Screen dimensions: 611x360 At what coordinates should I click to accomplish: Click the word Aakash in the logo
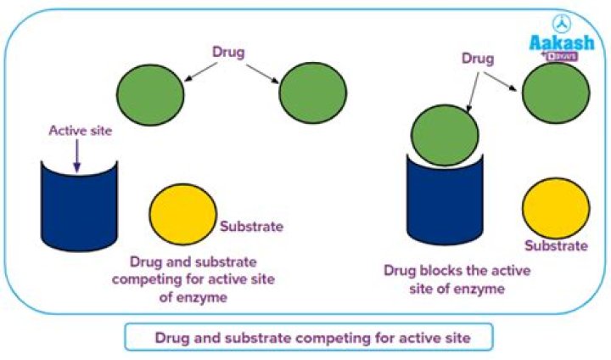click(562, 42)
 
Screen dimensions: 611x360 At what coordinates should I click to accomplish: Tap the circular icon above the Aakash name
click(562, 25)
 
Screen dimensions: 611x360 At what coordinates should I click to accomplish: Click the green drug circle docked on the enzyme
click(445, 135)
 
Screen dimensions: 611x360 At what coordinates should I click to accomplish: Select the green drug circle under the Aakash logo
click(556, 93)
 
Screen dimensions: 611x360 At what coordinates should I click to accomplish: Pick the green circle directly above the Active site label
click(150, 95)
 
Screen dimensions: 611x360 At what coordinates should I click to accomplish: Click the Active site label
click(81, 131)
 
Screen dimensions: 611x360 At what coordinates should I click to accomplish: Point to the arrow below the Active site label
click(77, 155)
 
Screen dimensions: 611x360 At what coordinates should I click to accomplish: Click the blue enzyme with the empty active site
click(79, 206)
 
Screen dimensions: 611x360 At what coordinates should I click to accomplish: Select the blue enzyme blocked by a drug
click(445, 200)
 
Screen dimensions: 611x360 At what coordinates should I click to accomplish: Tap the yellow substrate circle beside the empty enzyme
click(183, 215)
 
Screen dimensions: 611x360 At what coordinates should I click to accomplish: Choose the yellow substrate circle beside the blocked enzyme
click(556, 208)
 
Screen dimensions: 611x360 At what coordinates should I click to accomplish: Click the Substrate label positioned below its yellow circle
click(556, 245)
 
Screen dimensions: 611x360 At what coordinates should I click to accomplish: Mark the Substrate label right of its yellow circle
click(252, 226)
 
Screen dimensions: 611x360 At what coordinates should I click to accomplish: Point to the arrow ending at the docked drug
click(473, 93)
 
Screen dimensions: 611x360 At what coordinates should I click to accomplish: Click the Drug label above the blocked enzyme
click(478, 59)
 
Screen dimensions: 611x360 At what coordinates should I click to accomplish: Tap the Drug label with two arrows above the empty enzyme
click(228, 52)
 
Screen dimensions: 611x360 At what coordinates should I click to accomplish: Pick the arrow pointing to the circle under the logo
click(501, 82)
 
